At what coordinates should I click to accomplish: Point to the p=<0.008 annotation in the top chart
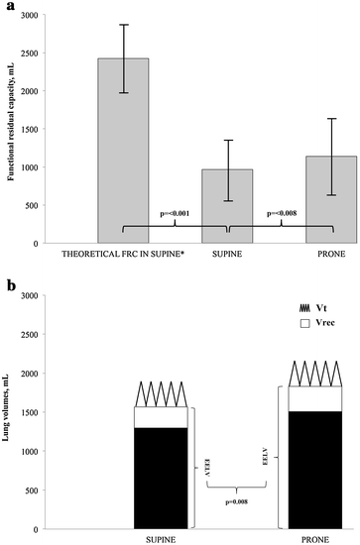(283, 212)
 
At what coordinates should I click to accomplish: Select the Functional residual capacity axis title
(15, 129)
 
